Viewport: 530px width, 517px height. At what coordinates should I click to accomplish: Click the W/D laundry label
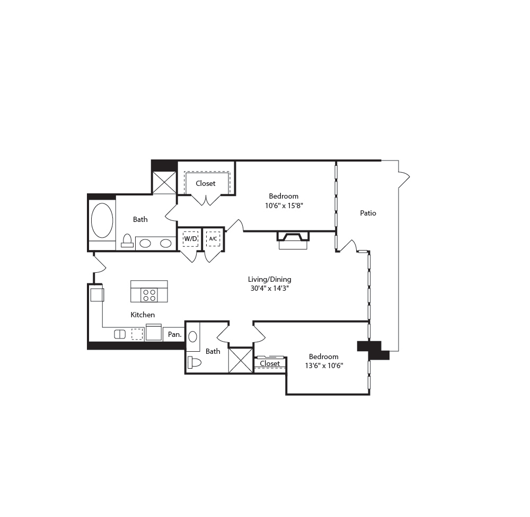click(190, 239)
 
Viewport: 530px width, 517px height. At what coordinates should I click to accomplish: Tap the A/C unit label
click(213, 239)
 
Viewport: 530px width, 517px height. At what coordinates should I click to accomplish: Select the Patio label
click(368, 213)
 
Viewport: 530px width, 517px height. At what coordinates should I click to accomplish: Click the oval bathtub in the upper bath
click(102, 220)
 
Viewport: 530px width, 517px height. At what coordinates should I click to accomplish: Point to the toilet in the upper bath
click(127, 241)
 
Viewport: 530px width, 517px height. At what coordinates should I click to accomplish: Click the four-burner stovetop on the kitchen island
click(149, 295)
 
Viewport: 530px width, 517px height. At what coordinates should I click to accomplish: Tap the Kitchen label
click(143, 315)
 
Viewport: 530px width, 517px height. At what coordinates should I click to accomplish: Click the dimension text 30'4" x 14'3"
click(269, 289)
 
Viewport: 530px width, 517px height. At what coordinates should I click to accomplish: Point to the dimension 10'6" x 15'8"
click(284, 206)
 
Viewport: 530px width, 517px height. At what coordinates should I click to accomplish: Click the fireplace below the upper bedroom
click(293, 240)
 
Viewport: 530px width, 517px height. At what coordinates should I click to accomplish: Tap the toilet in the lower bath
click(194, 362)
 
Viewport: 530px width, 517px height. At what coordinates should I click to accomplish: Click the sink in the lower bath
click(193, 336)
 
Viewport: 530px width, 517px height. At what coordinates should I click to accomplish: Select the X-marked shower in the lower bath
click(241, 360)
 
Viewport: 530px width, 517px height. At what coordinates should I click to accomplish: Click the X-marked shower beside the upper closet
click(164, 182)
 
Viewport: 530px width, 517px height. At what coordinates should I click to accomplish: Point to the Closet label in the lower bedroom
click(270, 363)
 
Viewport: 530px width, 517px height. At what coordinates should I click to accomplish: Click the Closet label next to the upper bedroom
click(206, 183)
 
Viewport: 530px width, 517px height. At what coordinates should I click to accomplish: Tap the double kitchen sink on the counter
click(120, 334)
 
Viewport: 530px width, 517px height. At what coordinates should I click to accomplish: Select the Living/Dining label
click(269, 279)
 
